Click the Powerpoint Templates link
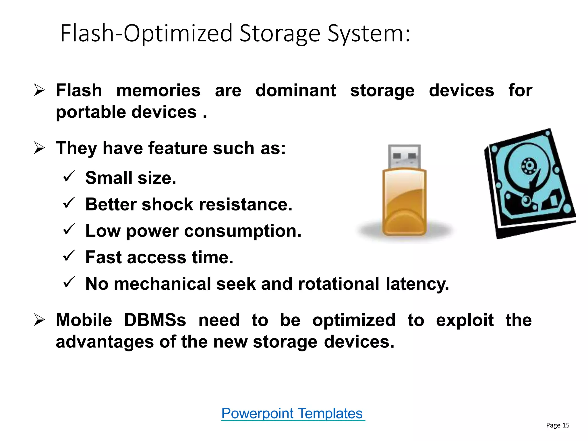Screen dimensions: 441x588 pyautogui.click(x=293, y=414)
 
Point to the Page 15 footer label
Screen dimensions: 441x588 pyautogui.click(x=557, y=425)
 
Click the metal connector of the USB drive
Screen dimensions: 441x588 pyautogui.click(x=404, y=156)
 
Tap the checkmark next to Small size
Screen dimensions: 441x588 pyautogui.click(x=69, y=176)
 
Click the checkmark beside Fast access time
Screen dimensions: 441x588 pyautogui.click(x=69, y=256)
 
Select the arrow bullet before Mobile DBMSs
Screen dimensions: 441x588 pyautogui.click(x=39, y=320)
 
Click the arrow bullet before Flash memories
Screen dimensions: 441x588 pyautogui.click(x=39, y=90)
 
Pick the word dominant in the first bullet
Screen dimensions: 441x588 pyautogui.click(x=295, y=91)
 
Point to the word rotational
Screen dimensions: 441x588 pyautogui.click(x=339, y=284)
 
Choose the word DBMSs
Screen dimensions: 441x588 pyautogui.click(x=155, y=320)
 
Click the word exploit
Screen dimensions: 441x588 pyautogui.click(x=465, y=320)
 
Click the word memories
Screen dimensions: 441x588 pyautogui.click(x=158, y=91)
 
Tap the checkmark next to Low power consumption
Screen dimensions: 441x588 pyautogui.click(x=69, y=229)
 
